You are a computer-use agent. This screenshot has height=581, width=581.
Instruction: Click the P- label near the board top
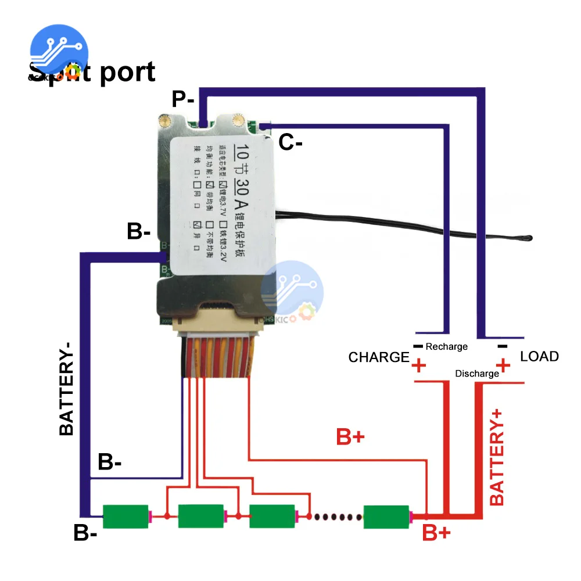(182, 100)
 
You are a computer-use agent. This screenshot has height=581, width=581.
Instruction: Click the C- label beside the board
(290, 142)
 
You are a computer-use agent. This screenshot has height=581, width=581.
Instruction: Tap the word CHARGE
(379, 357)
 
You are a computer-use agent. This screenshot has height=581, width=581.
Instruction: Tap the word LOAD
(539, 356)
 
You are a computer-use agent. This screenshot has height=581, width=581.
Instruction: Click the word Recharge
(446, 347)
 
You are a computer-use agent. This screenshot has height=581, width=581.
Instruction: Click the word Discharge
(476, 374)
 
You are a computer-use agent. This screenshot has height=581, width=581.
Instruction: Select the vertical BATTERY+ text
(497, 456)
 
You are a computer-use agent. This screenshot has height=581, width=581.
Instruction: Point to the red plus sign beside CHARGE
(418, 367)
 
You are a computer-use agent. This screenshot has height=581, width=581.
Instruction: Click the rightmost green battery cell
(387, 517)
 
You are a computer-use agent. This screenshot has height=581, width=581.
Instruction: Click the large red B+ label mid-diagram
(350, 437)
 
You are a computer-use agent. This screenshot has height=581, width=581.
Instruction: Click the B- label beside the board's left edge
(139, 232)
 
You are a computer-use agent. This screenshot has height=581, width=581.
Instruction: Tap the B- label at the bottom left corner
(85, 533)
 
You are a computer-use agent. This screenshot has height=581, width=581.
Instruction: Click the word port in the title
(127, 72)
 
